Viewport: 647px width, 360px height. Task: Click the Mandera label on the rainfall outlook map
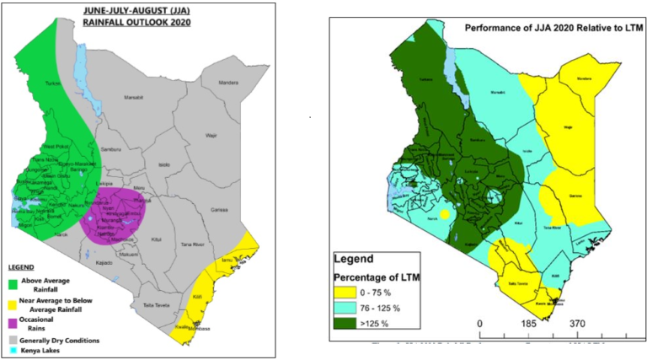(x=228, y=83)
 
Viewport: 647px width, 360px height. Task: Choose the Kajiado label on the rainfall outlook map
(x=104, y=262)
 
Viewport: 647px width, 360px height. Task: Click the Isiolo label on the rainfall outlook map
(x=165, y=164)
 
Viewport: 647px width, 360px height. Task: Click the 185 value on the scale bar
(x=529, y=324)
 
